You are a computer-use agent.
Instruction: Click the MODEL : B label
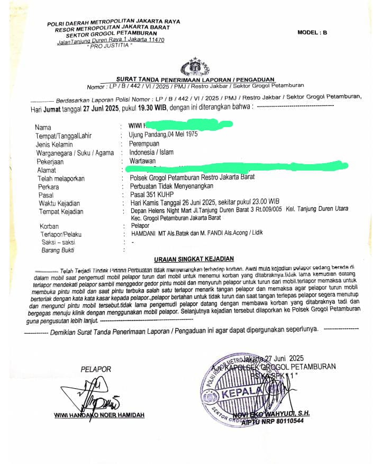pos(312,32)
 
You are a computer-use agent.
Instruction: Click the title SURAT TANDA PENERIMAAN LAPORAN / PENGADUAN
pos(195,79)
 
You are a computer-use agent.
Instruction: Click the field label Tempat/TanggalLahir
pos(63,136)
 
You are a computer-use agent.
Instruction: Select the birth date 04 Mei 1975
pos(183,135)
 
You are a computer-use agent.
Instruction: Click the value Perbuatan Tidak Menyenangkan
pos(171,186)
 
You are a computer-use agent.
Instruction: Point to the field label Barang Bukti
pos(58,250)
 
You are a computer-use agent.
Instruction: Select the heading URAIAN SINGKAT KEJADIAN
pos(194,259)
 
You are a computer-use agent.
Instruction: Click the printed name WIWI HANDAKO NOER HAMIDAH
pos(99,415)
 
